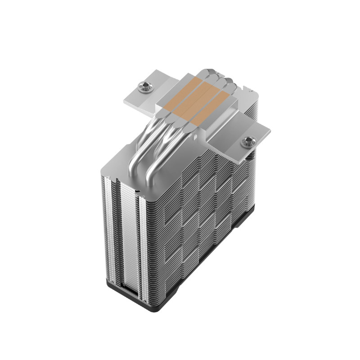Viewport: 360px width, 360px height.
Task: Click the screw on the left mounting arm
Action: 144,85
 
